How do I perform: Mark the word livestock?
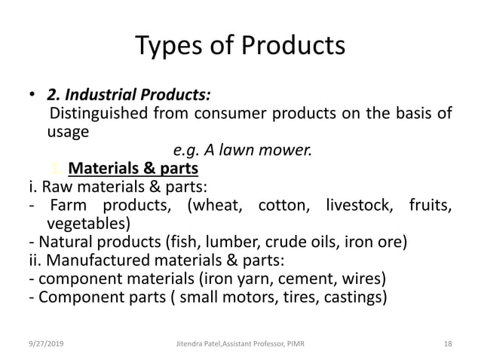pyautogui.click(x=358, y=205)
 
